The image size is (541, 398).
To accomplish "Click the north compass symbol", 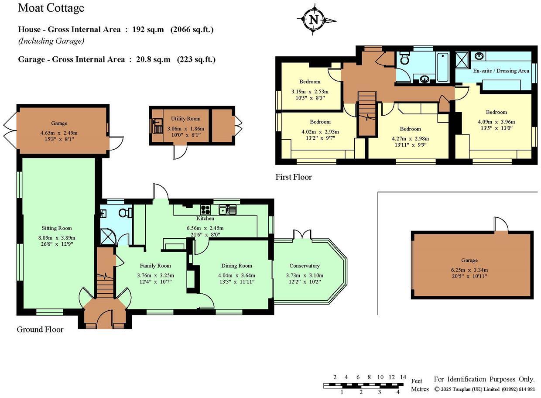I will click(x=314, y=20).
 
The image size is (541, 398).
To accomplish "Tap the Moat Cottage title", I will click(x=51, y=8).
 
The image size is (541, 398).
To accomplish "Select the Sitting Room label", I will click(x=57, y=228).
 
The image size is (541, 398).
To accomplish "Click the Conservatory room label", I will click(x=305, y=266).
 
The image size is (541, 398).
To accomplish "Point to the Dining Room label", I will click(x=236, y=266).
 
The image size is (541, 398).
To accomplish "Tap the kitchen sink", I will click(x=228, y=210).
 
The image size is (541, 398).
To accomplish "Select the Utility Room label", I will click(x=185, y=119).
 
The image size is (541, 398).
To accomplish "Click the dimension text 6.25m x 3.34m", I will click(x=469, y=269).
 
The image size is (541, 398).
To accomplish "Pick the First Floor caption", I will click(x=294, y=177).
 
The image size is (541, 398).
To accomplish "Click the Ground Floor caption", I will click(x=40, y=329).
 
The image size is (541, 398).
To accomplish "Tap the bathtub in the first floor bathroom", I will click(x=442, y=67).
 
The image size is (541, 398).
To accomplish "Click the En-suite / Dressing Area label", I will click(x=501, y=71).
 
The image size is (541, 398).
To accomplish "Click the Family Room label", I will click(x=155, y=266).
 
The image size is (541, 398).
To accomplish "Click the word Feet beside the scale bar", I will click(x=417, y=381).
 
